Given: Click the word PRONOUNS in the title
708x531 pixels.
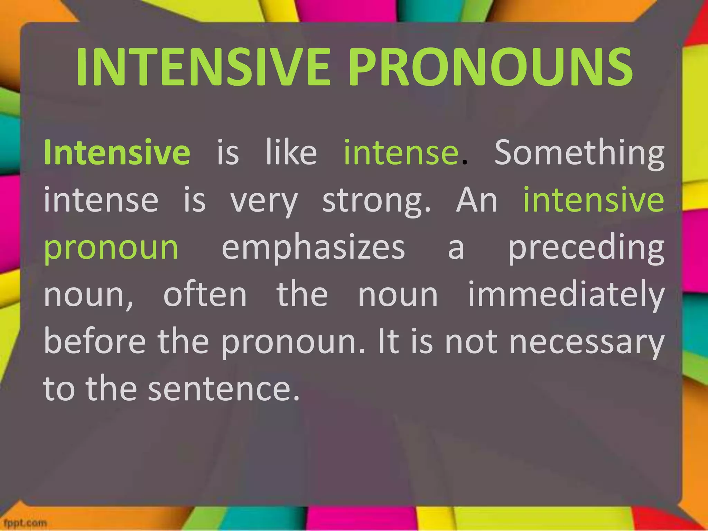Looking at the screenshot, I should pyautogui.click(x=491, y=66).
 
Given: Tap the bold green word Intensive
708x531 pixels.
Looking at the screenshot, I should pyautogui.click(x=117, y=152).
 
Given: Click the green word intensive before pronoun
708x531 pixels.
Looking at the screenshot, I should pyautogui.click(x=594, y=200).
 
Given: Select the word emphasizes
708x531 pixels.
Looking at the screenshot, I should pyautogui.click(x=313, y=248).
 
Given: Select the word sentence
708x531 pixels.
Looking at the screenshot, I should pyautogui.click(x=224, y=389).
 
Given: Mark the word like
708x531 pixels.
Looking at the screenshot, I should pyautogui.click(x=291, y=152).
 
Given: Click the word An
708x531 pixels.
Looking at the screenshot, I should pyautogui.click(x=477, y=200).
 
